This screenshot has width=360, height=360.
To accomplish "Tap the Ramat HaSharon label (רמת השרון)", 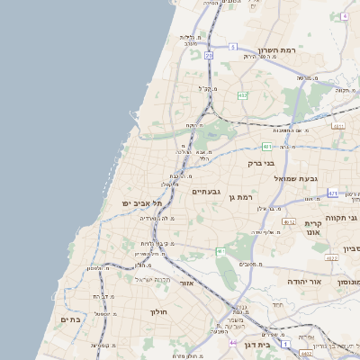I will tap(276, 50).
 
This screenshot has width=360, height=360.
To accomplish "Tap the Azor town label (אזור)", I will tap(187, 283).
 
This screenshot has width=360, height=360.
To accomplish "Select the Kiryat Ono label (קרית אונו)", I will tap(314, 228).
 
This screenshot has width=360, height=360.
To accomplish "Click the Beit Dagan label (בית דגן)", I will tap(256, 344).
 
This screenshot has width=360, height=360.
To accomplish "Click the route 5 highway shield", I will tap(232, 47).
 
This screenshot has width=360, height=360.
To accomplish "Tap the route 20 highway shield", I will tap(209, 56).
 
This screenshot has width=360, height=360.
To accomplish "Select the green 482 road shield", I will tap(243, 94).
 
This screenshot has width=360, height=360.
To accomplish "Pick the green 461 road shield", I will tap(220, 251).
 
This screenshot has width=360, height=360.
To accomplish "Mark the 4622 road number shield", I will tap(332, 258).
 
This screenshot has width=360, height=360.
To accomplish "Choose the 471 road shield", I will tap(333, 193).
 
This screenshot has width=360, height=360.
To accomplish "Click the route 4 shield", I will tap(344, 16).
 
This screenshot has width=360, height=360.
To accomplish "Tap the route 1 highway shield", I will tap(286, 344).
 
